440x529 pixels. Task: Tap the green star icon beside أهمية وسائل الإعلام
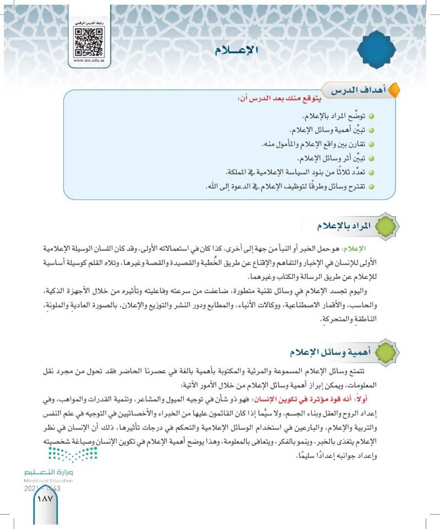click(386, 350)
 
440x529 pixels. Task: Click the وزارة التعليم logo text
click(48, 472)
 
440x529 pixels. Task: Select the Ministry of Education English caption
click(48, 481)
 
